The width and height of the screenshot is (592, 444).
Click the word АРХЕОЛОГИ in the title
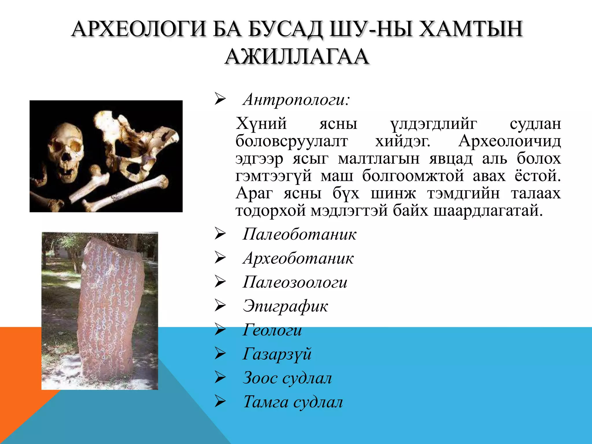pos(138,29)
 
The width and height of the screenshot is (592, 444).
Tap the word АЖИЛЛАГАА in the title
pos(297,56)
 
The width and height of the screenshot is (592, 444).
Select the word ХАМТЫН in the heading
pos(471,29)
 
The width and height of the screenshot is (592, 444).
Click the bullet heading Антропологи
pos(296,100)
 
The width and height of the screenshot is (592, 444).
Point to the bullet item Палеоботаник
pos(299,234)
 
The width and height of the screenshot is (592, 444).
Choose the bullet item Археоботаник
pos(298,258)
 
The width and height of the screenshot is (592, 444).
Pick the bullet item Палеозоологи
pos(295,282)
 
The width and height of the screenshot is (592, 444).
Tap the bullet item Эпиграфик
pos(285,306)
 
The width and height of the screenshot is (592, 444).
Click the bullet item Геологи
pos(272,330)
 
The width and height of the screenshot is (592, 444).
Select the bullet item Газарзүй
pos(277,354)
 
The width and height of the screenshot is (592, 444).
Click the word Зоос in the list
pos(260,378)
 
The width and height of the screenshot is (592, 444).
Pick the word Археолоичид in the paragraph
pos(509,141)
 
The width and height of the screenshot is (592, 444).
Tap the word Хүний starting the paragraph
pos(261,124)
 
